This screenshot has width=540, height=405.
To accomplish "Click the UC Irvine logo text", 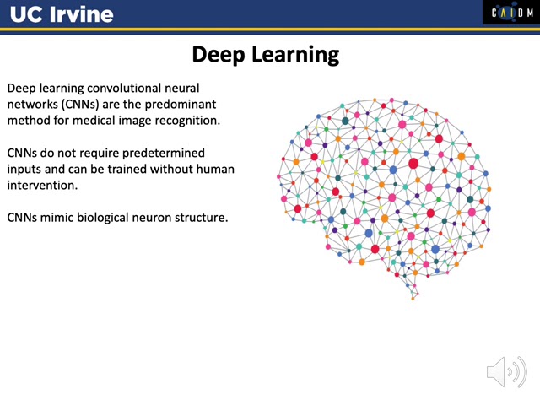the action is [62, 14].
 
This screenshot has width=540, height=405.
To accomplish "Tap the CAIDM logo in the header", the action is [511, 13].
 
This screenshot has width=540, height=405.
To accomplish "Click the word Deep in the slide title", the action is [218, 55].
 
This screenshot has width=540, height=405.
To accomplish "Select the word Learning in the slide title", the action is [295, 55].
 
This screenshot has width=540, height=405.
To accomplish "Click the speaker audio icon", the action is [506, 372].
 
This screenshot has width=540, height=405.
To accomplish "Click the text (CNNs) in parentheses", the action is [80, 105].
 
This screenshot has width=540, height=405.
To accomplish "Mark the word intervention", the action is [42, 186].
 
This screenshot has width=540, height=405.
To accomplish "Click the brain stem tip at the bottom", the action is [413, 299].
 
